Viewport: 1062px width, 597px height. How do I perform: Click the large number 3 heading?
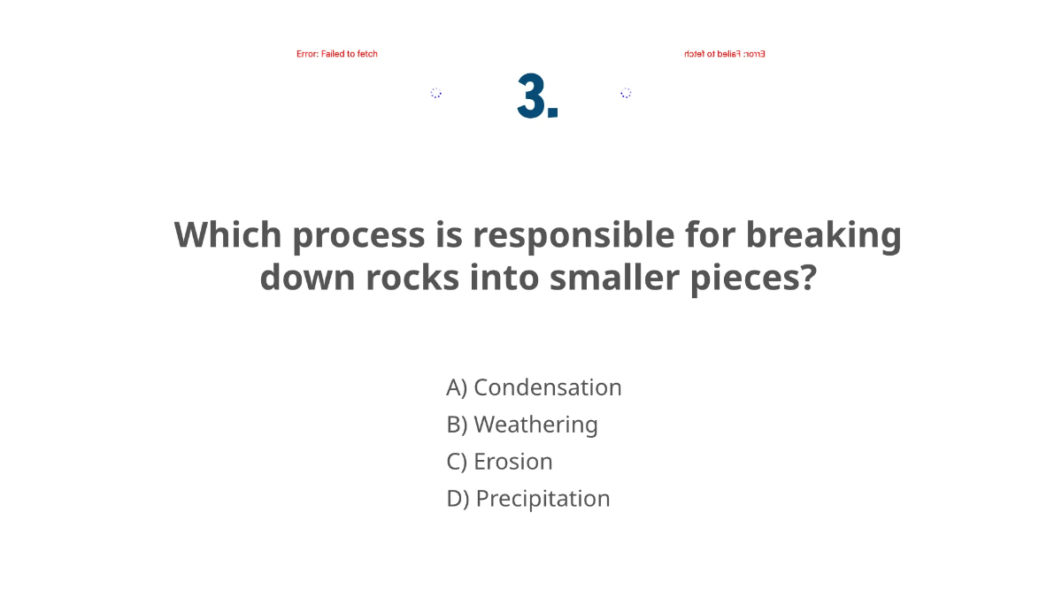pos(537,96)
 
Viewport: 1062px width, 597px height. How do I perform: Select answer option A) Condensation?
pos(534,387)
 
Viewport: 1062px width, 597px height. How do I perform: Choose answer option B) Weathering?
pos(522,425)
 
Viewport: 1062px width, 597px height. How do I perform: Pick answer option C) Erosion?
pos(499,462)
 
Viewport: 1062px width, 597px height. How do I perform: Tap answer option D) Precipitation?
pos(528,499)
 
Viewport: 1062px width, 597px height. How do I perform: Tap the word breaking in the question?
pos(823,235)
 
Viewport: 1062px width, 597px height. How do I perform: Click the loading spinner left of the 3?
pos(436,93)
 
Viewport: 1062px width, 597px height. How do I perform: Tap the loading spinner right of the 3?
pos(626,93)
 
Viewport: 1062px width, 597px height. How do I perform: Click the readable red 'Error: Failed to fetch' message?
pos(337,54)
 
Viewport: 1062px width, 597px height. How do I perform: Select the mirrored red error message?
pos(724,54)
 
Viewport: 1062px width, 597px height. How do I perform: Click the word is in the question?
pos(449,235)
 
